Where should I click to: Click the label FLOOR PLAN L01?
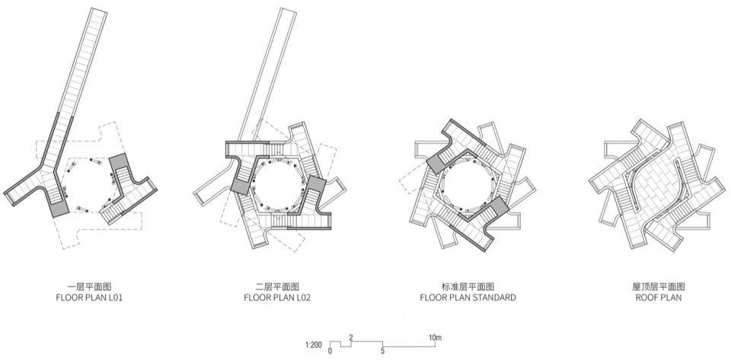tap(89, 297)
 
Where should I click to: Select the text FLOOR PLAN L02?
tap(277, 297)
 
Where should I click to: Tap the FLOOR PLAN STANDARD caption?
tap(468, 297)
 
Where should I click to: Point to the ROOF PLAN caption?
tap(658, 297)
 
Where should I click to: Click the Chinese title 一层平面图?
tap(89, 286)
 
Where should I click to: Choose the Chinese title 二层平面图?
tap(277, 286)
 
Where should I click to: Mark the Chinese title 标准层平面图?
tap(468, 286)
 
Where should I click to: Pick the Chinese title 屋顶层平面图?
tap(658, 286)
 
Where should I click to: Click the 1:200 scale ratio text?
tap(314, 345)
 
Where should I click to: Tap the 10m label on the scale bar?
tap(436, 338)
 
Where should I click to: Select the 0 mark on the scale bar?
tap(330, 351)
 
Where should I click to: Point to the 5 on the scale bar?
tap(383, 351)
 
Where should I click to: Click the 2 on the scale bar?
tap(351, 338)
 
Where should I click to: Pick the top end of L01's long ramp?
tap(99, 9)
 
